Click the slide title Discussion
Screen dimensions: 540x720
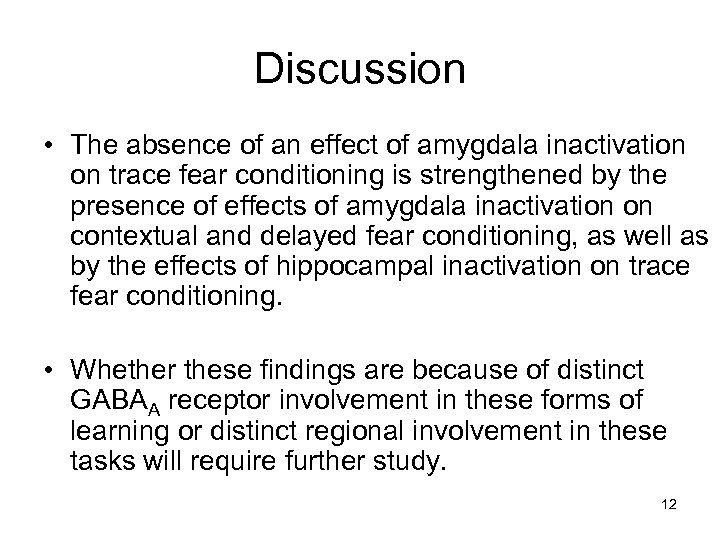click(359, 69)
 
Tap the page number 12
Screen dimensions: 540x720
click(669, 505)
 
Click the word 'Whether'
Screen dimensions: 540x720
click(123, 373)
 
